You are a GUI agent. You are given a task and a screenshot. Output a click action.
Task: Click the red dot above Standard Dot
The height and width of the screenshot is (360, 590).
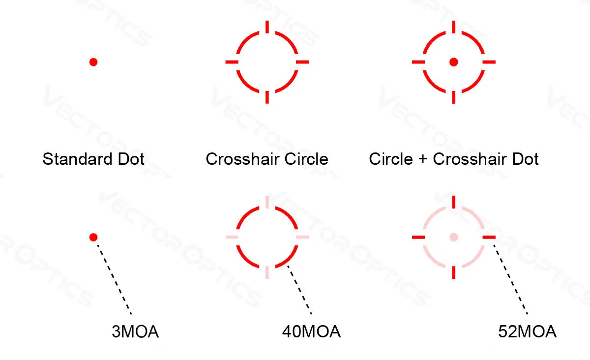[93, 62]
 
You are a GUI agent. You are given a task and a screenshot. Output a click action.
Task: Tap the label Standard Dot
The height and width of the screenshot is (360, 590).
[93, 159]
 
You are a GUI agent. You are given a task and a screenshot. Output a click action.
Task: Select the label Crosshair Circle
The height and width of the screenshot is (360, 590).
[267, 159]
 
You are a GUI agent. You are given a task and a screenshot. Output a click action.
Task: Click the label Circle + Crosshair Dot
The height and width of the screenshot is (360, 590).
[454, 159]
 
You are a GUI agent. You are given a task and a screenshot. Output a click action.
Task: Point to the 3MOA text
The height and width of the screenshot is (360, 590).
[135, 332]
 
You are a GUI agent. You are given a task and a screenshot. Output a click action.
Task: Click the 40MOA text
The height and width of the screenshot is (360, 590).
[311, 332]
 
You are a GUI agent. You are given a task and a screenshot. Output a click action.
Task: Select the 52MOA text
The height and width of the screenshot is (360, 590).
[527, 332]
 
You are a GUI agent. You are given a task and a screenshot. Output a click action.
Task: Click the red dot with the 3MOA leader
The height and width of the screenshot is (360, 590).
[93, 237]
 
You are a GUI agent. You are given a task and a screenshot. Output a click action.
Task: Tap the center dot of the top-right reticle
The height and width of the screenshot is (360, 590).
[454, 62]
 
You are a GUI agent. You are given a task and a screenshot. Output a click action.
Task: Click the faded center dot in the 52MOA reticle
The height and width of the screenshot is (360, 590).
[454, 237]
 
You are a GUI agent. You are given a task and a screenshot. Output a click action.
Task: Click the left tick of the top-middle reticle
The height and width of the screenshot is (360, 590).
[232, 62]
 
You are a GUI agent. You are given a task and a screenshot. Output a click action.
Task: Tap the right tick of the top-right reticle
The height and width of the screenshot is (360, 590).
[489, 62]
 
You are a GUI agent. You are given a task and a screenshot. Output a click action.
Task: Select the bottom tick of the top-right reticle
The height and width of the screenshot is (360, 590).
[454, 97]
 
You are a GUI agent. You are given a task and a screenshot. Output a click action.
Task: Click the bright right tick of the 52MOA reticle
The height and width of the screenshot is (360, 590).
[489, 237]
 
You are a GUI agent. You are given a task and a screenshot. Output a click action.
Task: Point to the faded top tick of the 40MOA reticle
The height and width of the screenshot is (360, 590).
[267, 202]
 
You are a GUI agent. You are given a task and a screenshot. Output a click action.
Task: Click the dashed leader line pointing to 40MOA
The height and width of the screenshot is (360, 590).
[300, 290]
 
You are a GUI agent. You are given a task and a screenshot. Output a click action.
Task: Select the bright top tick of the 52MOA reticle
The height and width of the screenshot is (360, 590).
[454, 202]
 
